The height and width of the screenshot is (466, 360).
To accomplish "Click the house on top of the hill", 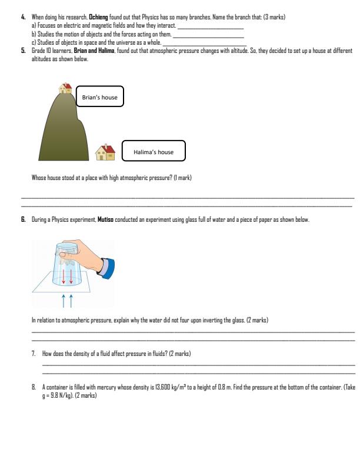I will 65,88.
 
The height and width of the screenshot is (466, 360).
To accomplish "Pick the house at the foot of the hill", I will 105,152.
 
